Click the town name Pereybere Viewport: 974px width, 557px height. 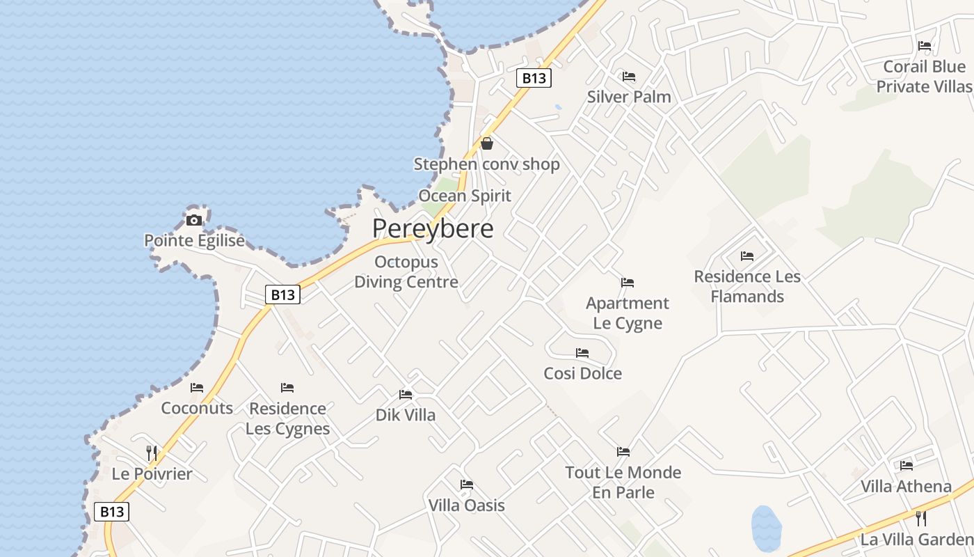point(433,228)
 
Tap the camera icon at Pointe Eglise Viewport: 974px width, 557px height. point(194,221)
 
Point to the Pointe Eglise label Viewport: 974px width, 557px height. point(194,241)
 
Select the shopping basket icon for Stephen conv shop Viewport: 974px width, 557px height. point(487,143)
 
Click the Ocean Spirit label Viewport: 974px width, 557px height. point(464,196)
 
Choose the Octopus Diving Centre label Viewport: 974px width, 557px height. point(406,272)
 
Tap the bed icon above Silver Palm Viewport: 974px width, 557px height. point(629,76)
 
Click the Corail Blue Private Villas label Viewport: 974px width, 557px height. point(924,77)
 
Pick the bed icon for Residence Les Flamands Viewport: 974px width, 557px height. point(747,256)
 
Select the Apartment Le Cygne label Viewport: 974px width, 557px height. point(628,313)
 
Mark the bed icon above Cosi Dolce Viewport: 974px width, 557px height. point(582,353)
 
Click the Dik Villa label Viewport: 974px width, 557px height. point(406,415)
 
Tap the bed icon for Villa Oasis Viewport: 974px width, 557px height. point(466,485)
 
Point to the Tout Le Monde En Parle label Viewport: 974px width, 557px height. point(623,483)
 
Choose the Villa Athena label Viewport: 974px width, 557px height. point(906,486)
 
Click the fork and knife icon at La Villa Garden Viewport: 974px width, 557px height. point(921,519)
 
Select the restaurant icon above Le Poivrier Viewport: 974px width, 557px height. point(152,453)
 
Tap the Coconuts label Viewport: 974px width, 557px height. point(197,408)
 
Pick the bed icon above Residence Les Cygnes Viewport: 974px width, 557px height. point(287,388)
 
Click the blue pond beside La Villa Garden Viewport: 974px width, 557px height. point(766,528)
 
